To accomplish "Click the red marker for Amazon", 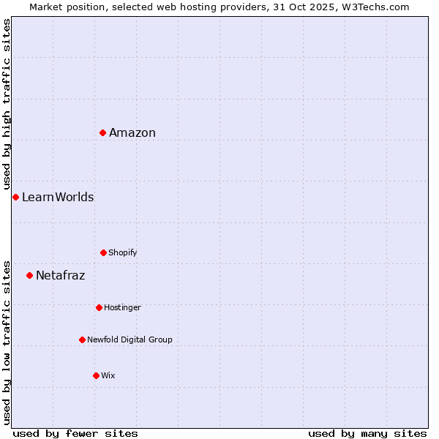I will [103, 132].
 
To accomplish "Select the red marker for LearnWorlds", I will [15, 197].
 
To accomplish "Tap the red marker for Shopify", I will [103, 252].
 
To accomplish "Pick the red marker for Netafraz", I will [29, 275].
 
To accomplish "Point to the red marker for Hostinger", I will [99, 307].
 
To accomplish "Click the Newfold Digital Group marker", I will [82, 339].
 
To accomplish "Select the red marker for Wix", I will [96, 375].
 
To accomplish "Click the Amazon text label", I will [132, 132].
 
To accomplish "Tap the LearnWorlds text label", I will [58, 197].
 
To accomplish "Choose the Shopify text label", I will [123, 252].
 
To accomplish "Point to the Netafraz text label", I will [61, 275].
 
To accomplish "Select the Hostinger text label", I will [122, 307].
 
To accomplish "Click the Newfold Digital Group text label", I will [130, 339].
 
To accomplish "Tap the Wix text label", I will [108, 375].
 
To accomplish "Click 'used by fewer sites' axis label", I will [75, 433].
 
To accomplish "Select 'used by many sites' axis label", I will [367, 433].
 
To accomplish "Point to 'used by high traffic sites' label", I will [7, 104].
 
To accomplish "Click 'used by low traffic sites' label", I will [7, 342].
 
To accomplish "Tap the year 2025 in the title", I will [326, 7].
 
